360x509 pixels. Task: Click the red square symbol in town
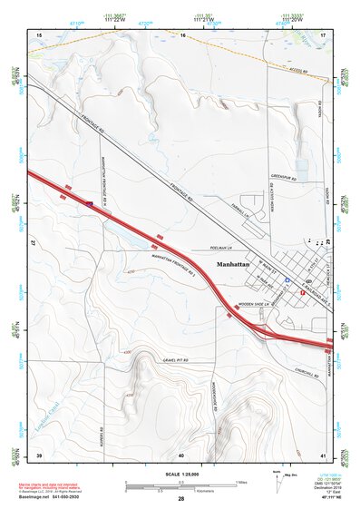click(302, 292)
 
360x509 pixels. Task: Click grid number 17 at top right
click(324, 34)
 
